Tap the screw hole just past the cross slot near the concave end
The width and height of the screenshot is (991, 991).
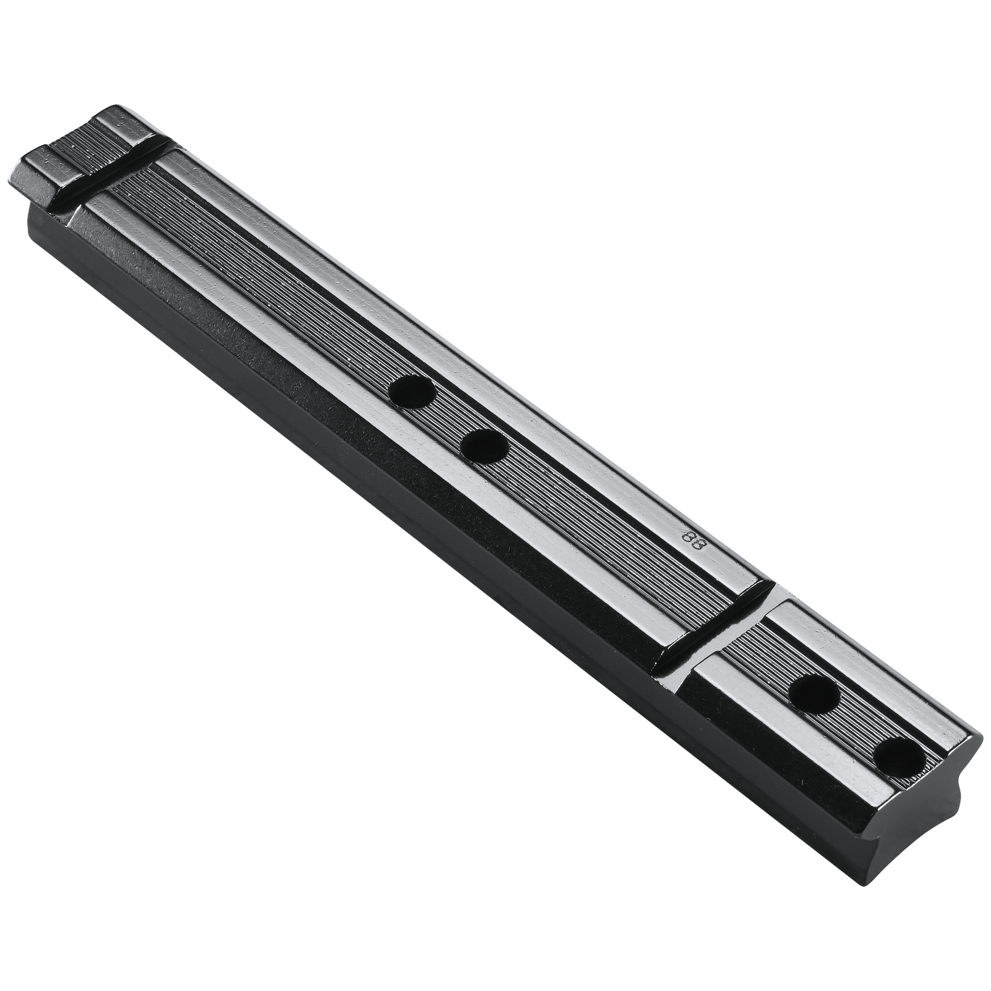[814, 695]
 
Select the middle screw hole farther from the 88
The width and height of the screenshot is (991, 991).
[412, 391]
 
